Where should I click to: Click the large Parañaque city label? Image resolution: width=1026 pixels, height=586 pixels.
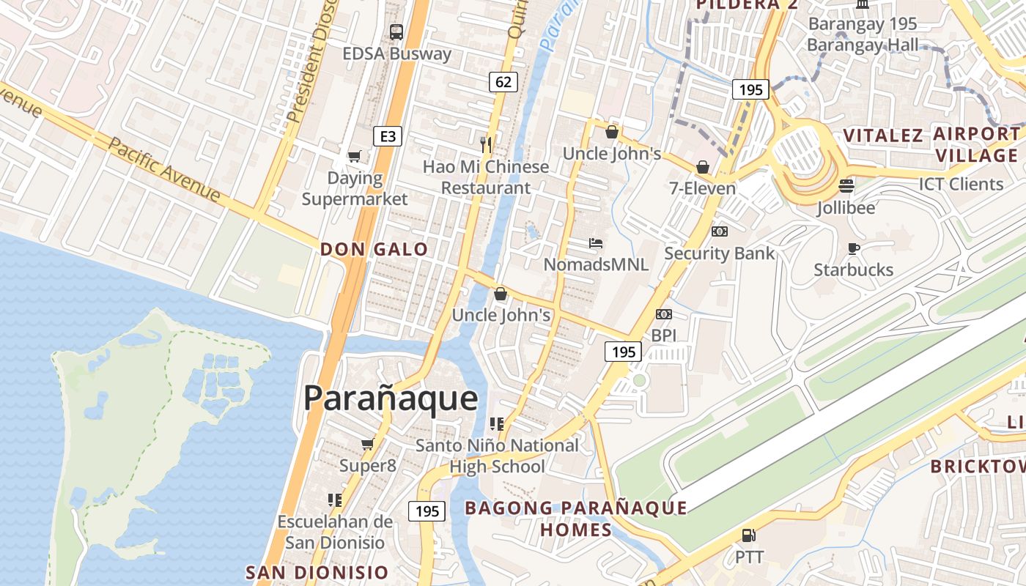(x=391, y=398)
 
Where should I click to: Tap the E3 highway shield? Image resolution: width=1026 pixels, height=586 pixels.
(x=388, y=136)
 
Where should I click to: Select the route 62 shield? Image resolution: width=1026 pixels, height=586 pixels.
(x=503, y=81)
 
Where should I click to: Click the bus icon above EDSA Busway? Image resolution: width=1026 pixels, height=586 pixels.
(x=396, y=31)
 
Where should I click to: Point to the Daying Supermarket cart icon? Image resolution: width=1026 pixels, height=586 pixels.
(x=355, y=156)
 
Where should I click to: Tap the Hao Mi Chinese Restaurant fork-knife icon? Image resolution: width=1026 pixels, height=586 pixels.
(x=485, y=144)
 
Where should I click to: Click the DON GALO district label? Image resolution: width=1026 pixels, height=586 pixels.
(x=374, y=249)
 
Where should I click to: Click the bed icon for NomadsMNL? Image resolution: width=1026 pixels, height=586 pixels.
(x=596, y=242)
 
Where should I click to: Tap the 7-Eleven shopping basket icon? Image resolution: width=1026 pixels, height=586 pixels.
(x=702, y=167)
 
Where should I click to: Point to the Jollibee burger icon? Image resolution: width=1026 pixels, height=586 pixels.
(x=846, y=186)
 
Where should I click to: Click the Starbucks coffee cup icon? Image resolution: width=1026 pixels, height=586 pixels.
(x=853, y=248)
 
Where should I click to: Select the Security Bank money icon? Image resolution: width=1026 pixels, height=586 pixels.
(x=719, y=231)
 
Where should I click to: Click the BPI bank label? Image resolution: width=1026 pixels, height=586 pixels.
(x=664, y=335)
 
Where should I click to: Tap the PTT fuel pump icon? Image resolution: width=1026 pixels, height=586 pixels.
(x=748, y=536)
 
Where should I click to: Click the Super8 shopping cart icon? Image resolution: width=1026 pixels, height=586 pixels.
(x=367, y=444)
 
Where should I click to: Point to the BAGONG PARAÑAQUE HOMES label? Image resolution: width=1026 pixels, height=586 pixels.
(x=576, y=518)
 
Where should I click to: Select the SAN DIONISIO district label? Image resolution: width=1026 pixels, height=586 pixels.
(x=317, y=572)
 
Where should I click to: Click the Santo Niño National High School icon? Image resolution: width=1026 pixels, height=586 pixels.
(x=497, y=423)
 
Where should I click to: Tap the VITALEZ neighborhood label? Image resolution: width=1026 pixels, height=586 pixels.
(x=883, y=136)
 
